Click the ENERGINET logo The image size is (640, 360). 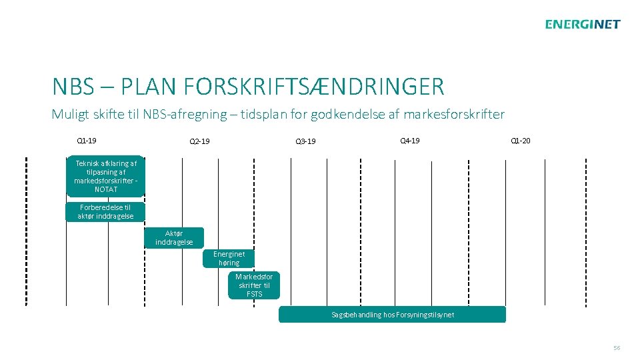pyautogui.click(x=582, y=25)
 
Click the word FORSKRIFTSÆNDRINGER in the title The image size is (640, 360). pyautogui.click(x=312, y=87)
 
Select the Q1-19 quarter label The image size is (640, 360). pyautogui.click(x=87, y=141)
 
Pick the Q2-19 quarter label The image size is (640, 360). pyautogui.click(x=199, y=141)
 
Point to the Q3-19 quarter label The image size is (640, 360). pyautogui.click(x=305, y=141)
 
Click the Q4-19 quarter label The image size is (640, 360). pyautogui.click(x=409, y=141)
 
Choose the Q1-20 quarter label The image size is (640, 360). pyautogui.click(x=520, y=141)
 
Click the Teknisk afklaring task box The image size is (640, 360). pyautogui.click(x=105, y=176)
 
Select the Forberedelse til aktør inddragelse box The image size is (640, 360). pyautogui.click(x=105, y=212)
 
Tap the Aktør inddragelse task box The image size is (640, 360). pyautogui.click(x=174, y=238)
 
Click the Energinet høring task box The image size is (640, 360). pyautogui.click(x=229, y=258)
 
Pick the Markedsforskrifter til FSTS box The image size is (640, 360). pyautogui.click(x=254, y=285)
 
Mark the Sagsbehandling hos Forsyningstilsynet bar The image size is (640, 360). pyautogui.click(x=392, y=315)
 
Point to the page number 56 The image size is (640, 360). pyautogui.click(x=617, y=348)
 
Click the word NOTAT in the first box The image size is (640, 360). pyautogui.click(x=106, y=189)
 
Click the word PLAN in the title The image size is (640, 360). pyautogui.click(x=144, y=87)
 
